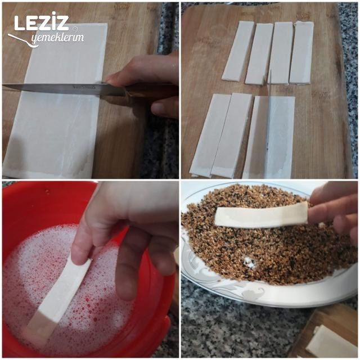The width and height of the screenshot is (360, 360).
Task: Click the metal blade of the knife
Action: click(x=62, y=89)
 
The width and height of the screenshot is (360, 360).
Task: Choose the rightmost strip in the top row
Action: click(x=301, y=53)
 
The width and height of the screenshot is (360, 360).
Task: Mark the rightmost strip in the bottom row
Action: click(x=280, y=138)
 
